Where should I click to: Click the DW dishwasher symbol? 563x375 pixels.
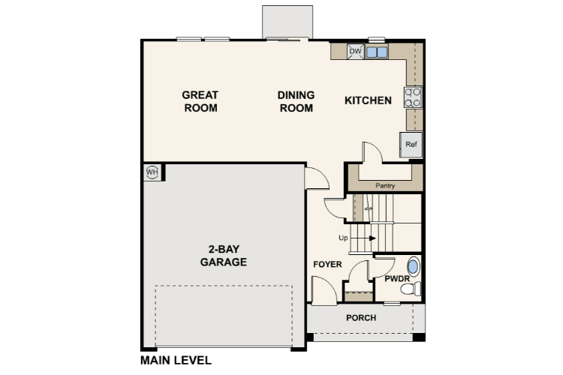click(356, 52)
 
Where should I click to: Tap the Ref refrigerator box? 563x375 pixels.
click(411, 144)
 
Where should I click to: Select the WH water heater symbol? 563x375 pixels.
click(152, 172)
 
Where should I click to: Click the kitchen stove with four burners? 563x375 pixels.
click(414, 97)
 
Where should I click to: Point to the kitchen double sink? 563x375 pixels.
click(377, 52)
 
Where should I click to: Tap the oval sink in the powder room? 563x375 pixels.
click(413, 266)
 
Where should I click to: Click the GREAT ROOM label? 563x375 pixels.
click(200, 101)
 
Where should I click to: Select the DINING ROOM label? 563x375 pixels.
click(296, 101)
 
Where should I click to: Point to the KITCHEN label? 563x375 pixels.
click(368, 100)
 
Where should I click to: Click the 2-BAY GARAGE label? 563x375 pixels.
click(224, 256)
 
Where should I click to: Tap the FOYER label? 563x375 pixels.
click(327, 265)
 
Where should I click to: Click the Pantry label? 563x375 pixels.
click(385, 185)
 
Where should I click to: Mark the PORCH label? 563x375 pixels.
click(361, 318)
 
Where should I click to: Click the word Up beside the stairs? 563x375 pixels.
click(344, 238)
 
